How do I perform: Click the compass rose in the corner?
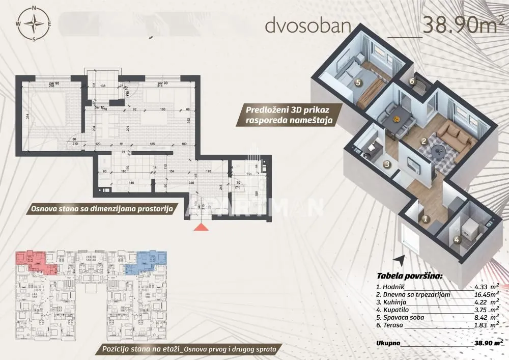click(34, 23)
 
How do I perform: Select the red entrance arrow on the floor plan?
click(202, 227)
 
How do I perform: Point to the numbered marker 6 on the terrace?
click(412, 80)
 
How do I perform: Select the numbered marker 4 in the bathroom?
click(457, 239)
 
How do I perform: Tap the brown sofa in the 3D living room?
click(454, 133)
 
